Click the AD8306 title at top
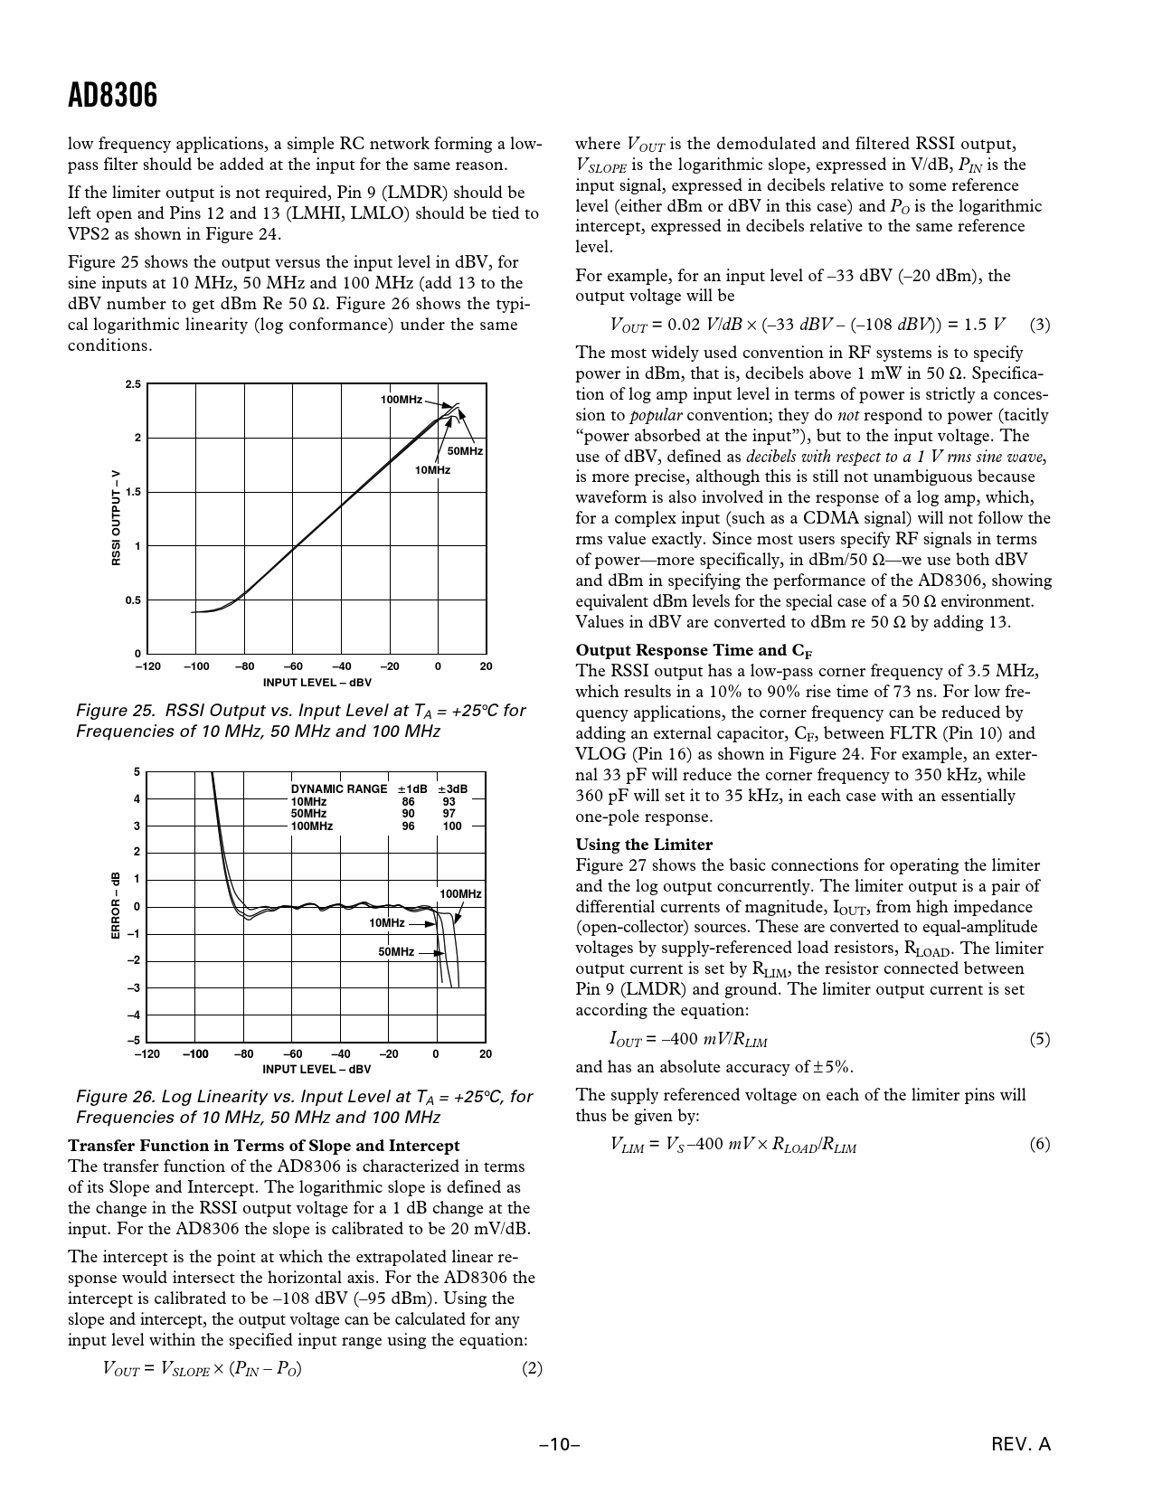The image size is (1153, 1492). click(112, 95)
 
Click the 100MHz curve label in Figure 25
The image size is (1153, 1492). click(402, 400)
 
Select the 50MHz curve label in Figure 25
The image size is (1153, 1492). click(465, 451)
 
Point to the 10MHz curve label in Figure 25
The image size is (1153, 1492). click(432, 470)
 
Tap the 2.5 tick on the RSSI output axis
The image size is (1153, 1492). click(133, 385)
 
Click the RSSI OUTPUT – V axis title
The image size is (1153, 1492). click(116, 518)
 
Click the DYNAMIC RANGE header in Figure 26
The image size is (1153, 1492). click(339, 789)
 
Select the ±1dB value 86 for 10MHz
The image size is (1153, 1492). click(409, 802)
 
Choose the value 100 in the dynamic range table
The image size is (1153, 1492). click(452, 826)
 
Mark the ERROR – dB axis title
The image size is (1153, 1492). click(116, 905)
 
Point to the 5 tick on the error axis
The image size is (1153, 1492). click(137, 772)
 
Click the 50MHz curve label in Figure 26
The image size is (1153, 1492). click(396, 952)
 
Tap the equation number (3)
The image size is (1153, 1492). click(1040, 325)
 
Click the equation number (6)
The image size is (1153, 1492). click(1040, 1145)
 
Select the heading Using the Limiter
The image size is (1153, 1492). click(644, 845)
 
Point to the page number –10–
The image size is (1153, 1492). click(559, 1445)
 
